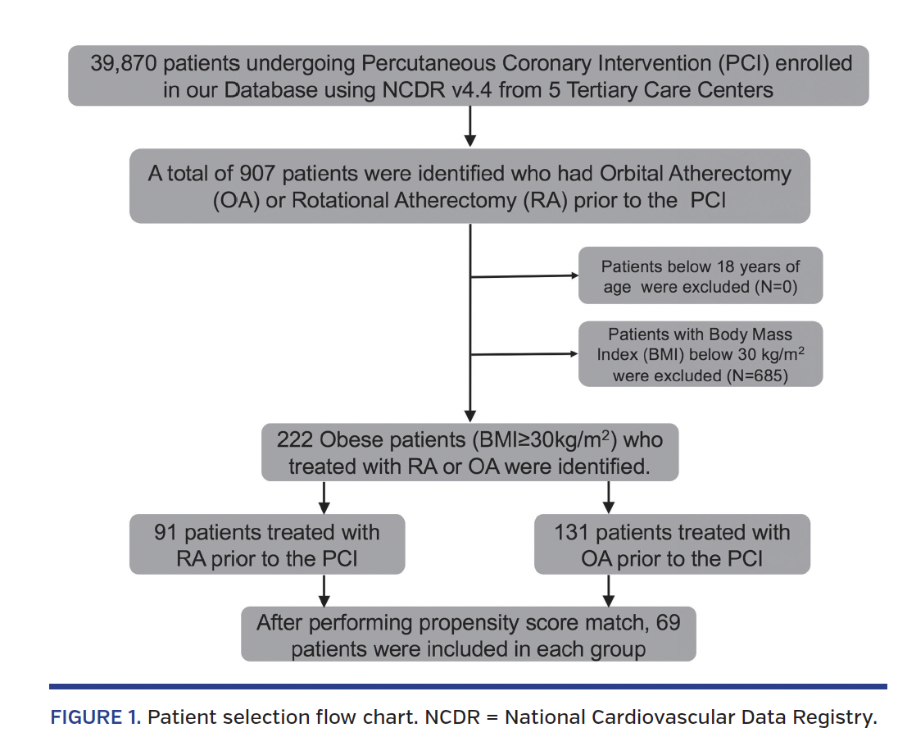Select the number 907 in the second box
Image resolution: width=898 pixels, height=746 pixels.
[261, 174]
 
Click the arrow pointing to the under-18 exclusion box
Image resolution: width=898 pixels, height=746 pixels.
[524, 276]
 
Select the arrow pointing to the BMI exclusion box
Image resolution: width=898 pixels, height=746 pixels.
[524, 354]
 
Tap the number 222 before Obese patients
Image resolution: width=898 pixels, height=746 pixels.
[297, 439]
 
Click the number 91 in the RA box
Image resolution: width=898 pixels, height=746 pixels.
[166, 533]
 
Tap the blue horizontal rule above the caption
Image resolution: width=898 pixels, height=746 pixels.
[467, 686]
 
